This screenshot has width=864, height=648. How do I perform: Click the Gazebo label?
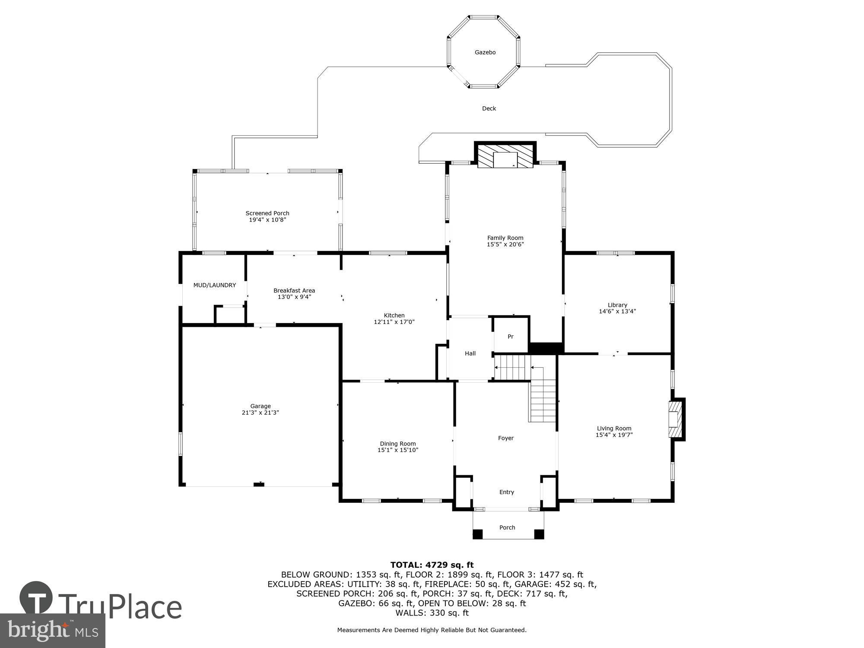[x=485, y=52]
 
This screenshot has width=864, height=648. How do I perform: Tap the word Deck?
[x=489, y=108]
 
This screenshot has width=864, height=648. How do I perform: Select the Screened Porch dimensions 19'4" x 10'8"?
[x=267, y=220]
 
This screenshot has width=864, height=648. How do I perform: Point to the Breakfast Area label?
[x=294, y=290]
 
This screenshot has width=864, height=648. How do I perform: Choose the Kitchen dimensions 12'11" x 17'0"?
[x=394, y=322]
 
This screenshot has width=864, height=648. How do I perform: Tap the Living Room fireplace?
[x=675, y=419]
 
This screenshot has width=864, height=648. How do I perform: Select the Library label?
[x=617, y=305]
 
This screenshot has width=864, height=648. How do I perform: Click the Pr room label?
[x=510, y=337]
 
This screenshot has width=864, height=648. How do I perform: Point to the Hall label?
[x=470, y=353]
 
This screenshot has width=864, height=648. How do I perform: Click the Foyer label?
[x=505, y=438]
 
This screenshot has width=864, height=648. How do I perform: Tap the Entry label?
[x=506, y=492]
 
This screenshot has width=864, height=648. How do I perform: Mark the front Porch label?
[x=507, y=527]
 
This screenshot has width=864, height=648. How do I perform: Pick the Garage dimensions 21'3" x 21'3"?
[x=260, y=413]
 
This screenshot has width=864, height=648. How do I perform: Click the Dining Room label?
[x=397, y=444]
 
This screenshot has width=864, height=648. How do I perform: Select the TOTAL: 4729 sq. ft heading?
[x=432, y=565]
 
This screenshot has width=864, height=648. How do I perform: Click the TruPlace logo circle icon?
[x=36, y=598]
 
